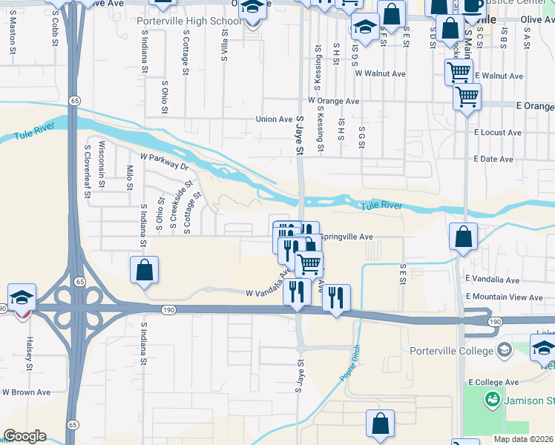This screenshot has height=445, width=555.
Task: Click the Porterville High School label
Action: [189, 21]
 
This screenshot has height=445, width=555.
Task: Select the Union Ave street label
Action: [275, 119]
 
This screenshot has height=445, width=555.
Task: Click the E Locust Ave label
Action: [498, 133]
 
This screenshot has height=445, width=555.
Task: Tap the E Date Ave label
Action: [493, 159]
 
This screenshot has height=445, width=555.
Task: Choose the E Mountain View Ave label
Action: [505, 297]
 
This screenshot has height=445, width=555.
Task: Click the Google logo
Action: [24, 436]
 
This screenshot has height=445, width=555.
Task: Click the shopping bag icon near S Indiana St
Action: [145, 270]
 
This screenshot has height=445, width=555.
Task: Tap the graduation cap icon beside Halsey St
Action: [22, 298]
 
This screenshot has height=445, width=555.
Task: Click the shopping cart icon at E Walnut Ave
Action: [459, 72]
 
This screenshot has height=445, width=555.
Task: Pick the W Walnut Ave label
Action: [381, 74]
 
